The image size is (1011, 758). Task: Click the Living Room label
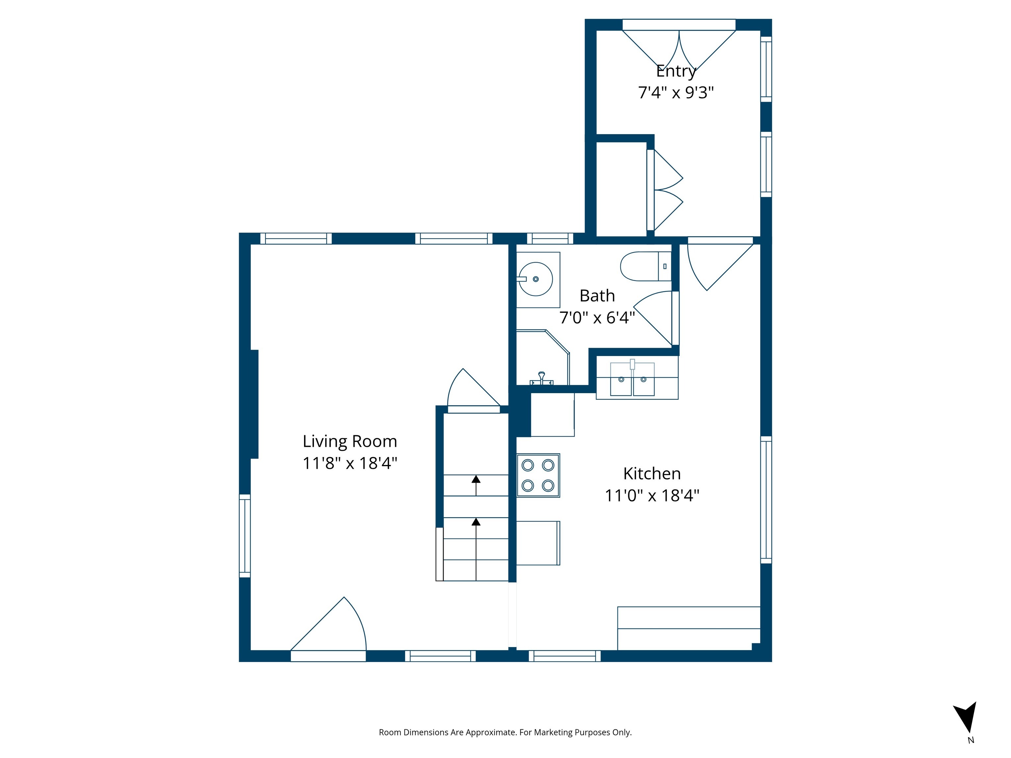(350, 442)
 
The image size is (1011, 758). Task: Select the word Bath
(597, 296)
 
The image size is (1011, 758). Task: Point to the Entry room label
(676, 71)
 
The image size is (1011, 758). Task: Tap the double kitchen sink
(632, 379)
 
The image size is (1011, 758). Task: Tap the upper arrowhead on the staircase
(476, 479)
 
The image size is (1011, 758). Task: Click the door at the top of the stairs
(473, 391)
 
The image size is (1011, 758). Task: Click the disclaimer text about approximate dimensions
(505, 732)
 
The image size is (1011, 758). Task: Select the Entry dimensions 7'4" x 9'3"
(676, 93)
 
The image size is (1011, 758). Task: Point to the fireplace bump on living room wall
(254, 404)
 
